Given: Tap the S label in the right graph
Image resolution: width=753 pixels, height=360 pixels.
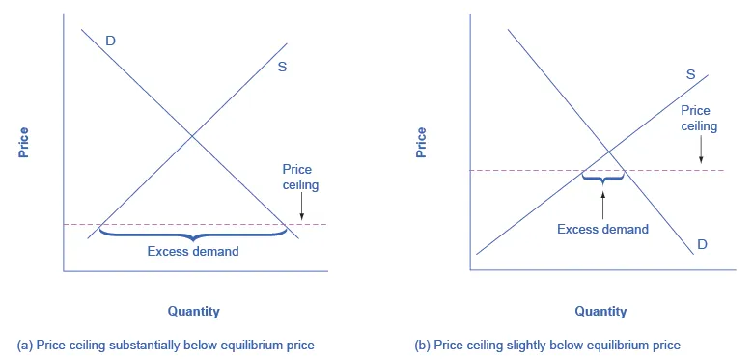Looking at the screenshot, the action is point(690,74).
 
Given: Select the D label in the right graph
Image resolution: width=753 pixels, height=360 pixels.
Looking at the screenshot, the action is point(702,244).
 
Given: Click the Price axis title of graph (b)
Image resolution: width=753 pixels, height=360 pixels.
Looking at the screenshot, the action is point(421,141).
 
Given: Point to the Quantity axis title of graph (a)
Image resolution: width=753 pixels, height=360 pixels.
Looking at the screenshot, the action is point(193,311).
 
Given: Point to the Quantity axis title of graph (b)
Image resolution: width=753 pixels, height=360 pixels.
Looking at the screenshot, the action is point(600,311).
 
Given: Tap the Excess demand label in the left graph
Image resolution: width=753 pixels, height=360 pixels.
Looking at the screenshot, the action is point(193,251).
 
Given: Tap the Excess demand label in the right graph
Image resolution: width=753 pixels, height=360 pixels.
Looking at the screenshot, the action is point(603,229).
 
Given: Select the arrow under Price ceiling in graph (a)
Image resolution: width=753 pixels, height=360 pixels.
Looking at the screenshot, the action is point(302,205).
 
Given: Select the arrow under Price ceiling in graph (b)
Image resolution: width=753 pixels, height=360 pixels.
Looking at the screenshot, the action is point(700,150).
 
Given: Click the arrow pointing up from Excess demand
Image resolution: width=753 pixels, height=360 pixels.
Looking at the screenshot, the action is point(603,202).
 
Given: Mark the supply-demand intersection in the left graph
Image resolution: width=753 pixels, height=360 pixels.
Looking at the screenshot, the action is point(193,135).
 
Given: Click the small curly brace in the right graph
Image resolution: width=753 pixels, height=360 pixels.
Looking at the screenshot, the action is point(603,178).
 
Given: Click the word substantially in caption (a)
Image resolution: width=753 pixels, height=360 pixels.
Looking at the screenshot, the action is point(153,345).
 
